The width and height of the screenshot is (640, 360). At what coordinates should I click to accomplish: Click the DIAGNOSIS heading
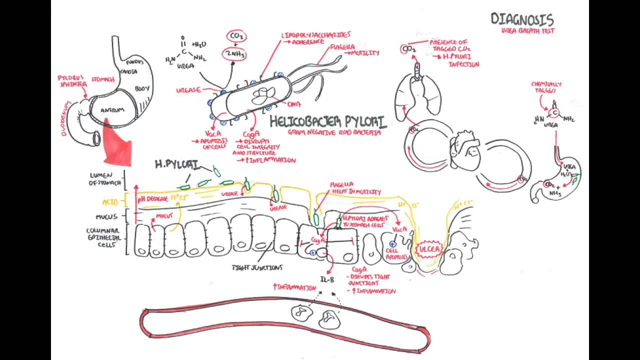(522, 19)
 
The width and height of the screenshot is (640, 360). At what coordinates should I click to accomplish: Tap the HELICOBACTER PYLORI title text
(327, 122)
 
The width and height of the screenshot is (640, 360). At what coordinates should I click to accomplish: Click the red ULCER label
(429, 249)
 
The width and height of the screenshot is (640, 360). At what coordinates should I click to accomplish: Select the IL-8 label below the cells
(327, 279)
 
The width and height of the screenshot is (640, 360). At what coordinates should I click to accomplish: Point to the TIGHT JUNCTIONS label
(257, 268)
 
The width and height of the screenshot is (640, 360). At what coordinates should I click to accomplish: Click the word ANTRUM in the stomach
(112, 110)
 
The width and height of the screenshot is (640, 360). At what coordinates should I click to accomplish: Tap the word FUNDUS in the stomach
(135, 62)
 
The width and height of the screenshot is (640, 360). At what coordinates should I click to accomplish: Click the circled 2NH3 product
(235, 54)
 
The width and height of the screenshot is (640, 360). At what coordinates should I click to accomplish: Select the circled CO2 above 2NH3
(236, 36)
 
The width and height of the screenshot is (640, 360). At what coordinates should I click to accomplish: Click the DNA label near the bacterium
(294, 104)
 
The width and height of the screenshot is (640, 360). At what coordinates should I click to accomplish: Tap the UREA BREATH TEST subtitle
(528, 30)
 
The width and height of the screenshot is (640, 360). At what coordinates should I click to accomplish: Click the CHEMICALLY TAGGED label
(546, 87)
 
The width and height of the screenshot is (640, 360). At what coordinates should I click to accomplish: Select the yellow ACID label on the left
(110, 202)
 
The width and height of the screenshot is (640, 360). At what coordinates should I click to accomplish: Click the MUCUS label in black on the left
(106, 217)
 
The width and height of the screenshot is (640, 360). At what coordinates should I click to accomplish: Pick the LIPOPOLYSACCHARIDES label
(316, 35)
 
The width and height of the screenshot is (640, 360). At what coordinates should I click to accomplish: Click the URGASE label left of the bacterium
(188, 90)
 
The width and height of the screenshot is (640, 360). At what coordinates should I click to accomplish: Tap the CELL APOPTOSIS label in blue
(396, 254)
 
